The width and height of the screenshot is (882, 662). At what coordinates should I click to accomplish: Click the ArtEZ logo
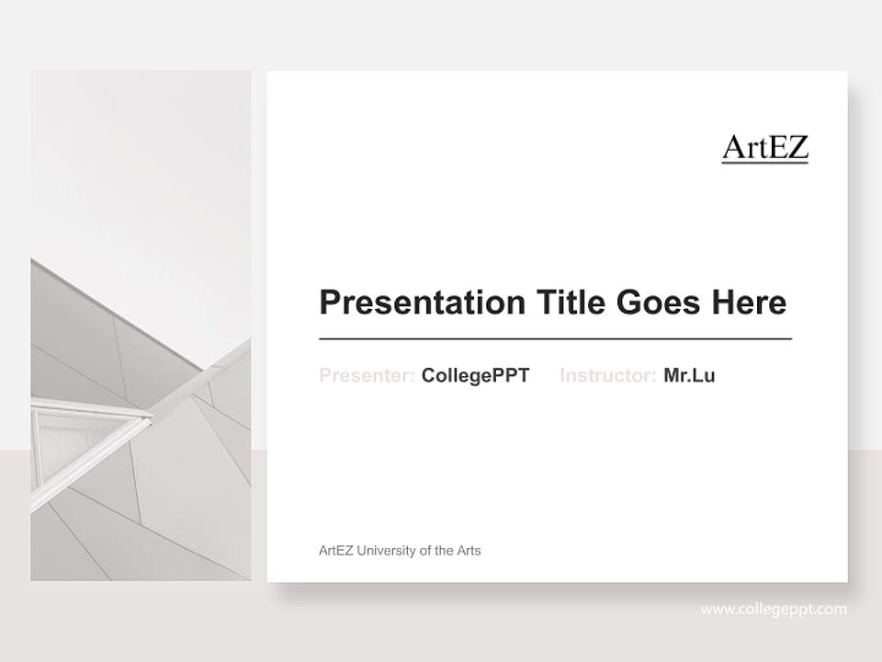(x=764, y=147)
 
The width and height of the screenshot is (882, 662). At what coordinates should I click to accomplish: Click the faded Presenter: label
(x=367, y=375)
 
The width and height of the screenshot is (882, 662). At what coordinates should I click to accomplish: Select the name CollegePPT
(x=475, y=375)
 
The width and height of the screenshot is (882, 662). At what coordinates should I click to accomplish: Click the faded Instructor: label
(x=607, y=375)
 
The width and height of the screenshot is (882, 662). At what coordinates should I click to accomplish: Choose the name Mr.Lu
(x=689, y=375)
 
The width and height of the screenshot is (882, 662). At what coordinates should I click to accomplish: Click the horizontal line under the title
(x=555, y=339)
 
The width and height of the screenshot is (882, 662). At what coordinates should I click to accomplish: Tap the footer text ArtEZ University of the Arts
(x=400, y=551)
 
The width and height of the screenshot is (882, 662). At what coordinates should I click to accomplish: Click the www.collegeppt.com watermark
(x=774, y=610)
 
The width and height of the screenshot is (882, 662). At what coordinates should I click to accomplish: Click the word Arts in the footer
(x=469, y=551)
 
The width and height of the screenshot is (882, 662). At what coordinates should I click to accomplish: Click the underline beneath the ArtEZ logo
(x=764, y=163)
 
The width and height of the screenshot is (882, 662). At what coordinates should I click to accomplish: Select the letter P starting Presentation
(x=329, y=302)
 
